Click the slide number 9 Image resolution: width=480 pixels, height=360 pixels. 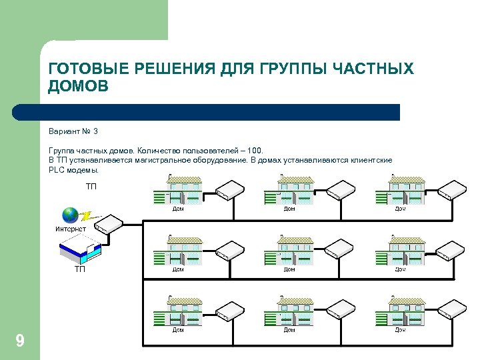20,342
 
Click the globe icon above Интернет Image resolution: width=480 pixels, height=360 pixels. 70,215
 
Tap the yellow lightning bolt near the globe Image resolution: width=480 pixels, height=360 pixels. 86,216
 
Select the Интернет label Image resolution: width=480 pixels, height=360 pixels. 71,229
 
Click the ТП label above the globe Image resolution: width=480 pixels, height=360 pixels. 91,186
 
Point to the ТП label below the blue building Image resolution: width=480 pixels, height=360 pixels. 79,269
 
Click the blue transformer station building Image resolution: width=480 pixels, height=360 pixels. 79,252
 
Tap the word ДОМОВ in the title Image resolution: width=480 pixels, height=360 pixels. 78,87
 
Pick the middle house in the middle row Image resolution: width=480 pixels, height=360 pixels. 289,251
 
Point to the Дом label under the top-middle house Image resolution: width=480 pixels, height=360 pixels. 289,209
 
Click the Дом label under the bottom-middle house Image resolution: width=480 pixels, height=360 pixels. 289,329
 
